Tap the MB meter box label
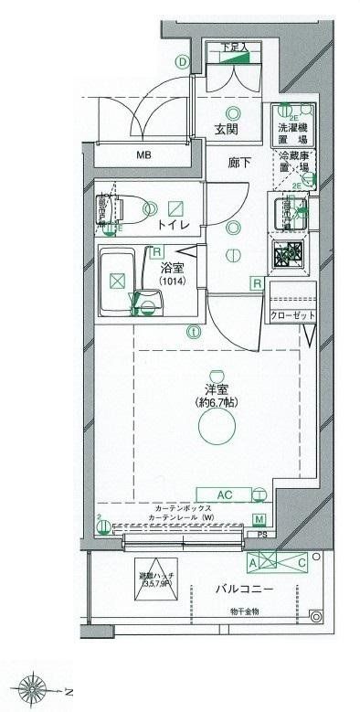coord(143,154)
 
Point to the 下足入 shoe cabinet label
coord(239,47)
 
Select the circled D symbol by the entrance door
coord(183,62)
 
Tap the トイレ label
coord(173,224)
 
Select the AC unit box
coord(226,494)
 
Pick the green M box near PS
coord(260,519)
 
